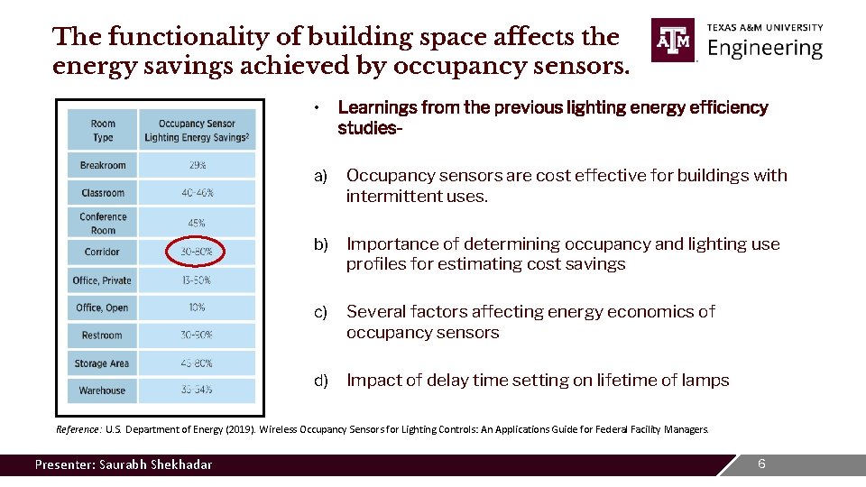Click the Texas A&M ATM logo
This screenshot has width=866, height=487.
click(x=673, y=41)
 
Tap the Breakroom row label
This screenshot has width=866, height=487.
click(x=103, y=165)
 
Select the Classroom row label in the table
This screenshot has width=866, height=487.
click(x=103, y=193)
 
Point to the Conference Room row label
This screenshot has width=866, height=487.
click(x=103, y=223)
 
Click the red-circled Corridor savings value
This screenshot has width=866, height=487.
click(x=197, y=252)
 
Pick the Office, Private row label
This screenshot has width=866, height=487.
click(x=103, y=280)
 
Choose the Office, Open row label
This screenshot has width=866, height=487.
click(x=103, y=308)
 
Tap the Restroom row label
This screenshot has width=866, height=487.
click(x=103, y=335)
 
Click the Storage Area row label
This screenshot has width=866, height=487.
click(x=103, y=363)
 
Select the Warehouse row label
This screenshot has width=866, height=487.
click(x=103, y=391)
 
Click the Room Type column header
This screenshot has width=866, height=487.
click(x=103, y=130)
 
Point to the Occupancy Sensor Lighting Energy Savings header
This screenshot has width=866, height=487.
click(x=197, y=130)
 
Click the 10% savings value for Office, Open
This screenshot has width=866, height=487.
click(x=197, y=308)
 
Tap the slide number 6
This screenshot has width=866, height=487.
click(x=761, y=464)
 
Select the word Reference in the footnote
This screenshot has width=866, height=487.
click(x=78, y=429)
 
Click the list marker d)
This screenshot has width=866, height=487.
click(x=321, y=381)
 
